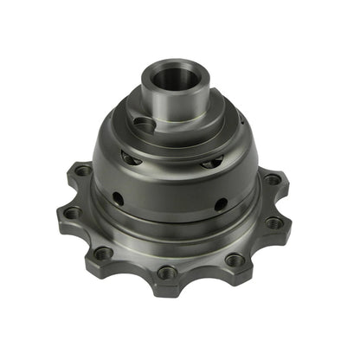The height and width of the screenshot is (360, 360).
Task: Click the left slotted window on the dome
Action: click(x=130, y=158)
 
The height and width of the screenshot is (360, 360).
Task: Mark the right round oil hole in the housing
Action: click(x=221, y=204)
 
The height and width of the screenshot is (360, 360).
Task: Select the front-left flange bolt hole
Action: click(x=103, y=254)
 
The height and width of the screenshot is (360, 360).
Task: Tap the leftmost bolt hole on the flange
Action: click(x=72, y=212)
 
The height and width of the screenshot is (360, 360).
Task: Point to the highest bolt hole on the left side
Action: click(x=83, y=171)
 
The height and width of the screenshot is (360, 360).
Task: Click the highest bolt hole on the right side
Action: click(x=273, y=180)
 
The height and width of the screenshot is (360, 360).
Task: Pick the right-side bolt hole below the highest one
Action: click(x=274, y=222)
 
